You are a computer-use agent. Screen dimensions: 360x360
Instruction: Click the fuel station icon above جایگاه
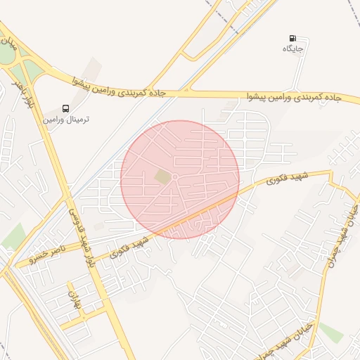tap(292, 38)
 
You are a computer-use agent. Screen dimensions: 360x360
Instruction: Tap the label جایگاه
tap(292, 49)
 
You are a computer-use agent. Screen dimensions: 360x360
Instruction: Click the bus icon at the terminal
tap(65, 108)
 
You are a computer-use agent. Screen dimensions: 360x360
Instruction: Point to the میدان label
tap(8, 49)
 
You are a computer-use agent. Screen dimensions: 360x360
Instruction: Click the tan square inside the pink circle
tap(163, 177)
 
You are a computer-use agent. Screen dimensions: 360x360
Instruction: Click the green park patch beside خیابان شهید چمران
tap(330, 332)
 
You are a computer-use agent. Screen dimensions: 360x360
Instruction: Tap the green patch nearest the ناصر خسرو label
tap(12, 238)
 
